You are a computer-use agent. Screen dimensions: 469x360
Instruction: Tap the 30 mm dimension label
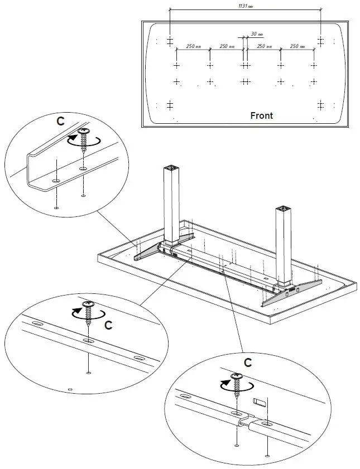pos(257,35)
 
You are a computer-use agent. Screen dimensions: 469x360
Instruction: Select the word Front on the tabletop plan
pos(261,115)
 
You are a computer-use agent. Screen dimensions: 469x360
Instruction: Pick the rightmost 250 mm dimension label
pos(297,46)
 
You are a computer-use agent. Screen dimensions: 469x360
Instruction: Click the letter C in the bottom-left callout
pos(109,324)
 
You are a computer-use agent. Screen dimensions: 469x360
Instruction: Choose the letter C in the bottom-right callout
pos(248,362)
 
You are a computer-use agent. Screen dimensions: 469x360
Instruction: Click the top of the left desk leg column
pos(171,169)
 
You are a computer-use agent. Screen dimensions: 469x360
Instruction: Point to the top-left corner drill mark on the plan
pos(170,41)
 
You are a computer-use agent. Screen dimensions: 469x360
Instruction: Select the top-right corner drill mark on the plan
pos(321,41)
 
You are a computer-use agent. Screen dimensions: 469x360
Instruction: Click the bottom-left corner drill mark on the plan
pos(170,105)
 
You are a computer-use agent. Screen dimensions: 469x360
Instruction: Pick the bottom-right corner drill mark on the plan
pos(321,105)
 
